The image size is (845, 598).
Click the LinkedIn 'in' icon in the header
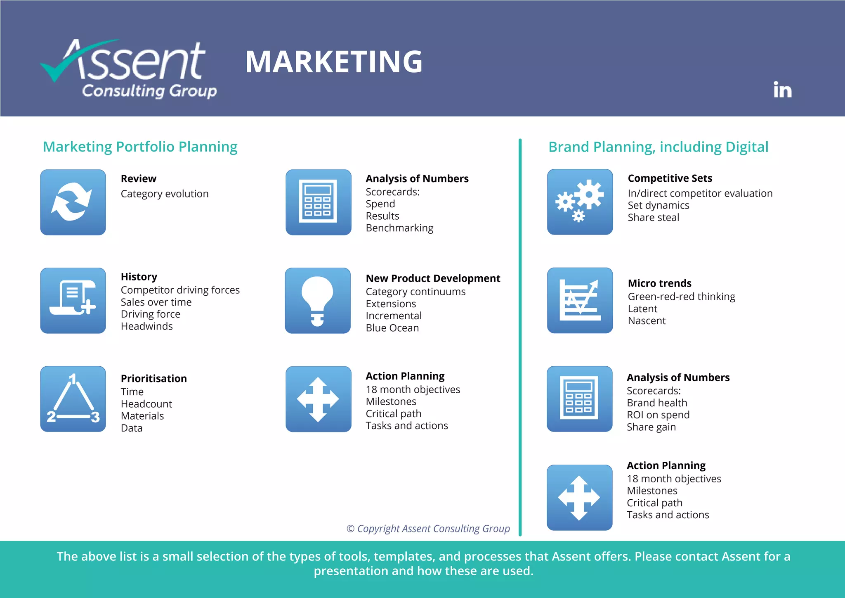(x=782, y=90)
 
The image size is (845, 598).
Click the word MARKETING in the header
(x=334, y=62)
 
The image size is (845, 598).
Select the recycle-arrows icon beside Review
(x=73, y=202)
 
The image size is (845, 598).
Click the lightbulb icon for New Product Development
(x=317, y=301)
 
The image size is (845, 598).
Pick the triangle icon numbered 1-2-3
(x=73, y=399)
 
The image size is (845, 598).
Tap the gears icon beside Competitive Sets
(x=580, y=202)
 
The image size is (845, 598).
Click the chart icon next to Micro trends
(x=580, y=300)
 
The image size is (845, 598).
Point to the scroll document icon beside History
(x=73, y=301)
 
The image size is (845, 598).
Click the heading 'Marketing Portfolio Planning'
(x=140, y=147)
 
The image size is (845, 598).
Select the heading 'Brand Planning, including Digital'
(x=658, y=147)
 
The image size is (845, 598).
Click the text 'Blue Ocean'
(x=392, y=328)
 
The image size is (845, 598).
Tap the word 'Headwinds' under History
(x=146, y=326)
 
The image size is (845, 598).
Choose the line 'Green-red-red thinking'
(x=681, y=297)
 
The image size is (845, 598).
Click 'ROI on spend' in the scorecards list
(x=658, y=415)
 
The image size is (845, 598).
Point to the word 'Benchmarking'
(x=399, y=228)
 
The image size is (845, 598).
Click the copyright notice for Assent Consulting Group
(x=428, y=529)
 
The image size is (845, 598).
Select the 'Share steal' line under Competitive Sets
(x=653, y=218)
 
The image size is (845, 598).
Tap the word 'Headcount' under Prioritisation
(x=146, y=404)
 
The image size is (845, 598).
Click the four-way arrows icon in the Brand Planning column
(x=579, y=498)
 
